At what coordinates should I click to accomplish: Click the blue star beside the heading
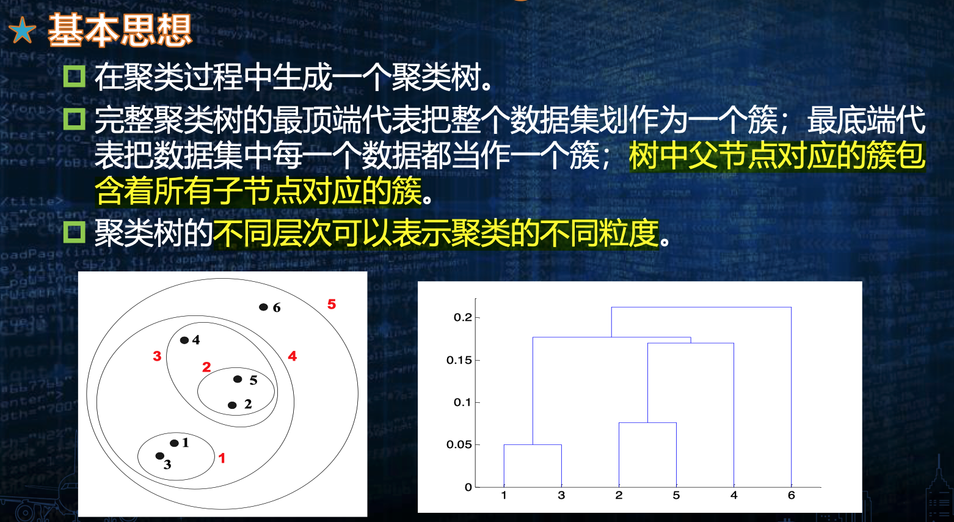point(22,31)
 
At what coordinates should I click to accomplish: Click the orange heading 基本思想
point(120,30)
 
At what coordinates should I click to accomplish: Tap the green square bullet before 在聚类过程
point(74,76)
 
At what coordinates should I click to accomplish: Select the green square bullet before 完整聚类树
point(74,119)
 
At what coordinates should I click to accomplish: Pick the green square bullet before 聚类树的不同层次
point(74,232)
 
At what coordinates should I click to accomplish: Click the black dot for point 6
point(264,307)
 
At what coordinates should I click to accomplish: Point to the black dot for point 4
point(184,340)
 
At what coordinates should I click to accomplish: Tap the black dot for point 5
point(238,379)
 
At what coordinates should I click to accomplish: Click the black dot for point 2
point(232,405)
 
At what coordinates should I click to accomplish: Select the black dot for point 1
point(174,443)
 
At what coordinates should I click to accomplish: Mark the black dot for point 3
point(159,456)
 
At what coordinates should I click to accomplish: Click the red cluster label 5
point(332,304)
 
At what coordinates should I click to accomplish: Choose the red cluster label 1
point(222,458)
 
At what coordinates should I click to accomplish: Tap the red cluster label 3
point(157,356)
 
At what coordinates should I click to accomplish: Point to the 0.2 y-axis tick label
point(463,317)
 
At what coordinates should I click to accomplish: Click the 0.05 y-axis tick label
point(459,444)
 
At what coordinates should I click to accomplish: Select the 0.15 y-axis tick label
point(459,360)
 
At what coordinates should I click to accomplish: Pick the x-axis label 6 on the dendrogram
point(792,495)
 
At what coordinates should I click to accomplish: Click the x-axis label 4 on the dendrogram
point(734,495)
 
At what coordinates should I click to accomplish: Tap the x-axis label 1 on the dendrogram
point(504,495)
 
